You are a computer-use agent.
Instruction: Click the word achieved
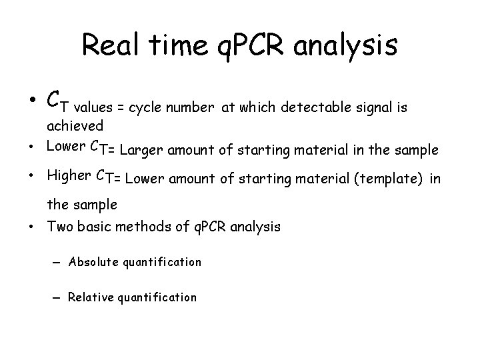[x=74, y=125]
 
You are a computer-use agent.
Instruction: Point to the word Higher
[x=69, y=177]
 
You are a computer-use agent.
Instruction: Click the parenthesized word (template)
[x=390, y=179]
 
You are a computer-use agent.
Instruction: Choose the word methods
[x=140, y=227]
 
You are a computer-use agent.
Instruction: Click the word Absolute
[x=93, y=262]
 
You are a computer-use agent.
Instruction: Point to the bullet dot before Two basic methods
[x=32, y=227]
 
